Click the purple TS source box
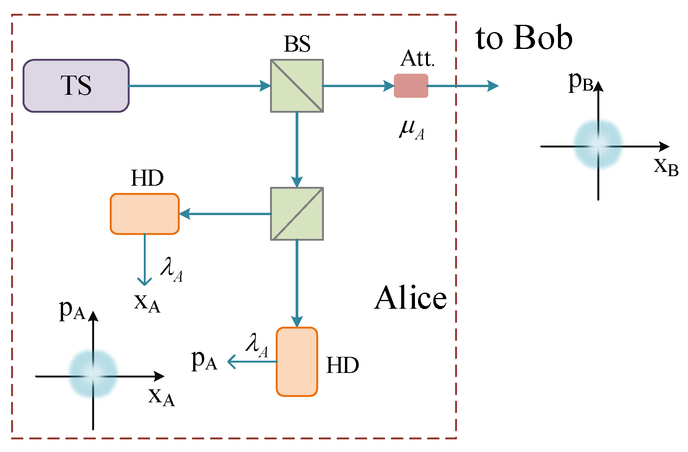click(76, 86)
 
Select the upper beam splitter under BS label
click(297, 86)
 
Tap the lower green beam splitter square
click(297, 214)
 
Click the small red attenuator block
click(411, 86)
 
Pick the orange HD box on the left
click(145, 214)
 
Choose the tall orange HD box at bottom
click(297, 361)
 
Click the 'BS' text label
click(297, 44)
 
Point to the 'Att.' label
click(418, 59)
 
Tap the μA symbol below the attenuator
click(411, 129)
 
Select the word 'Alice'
click(410, 298)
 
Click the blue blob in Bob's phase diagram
click(598, 144)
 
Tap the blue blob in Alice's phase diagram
click(93, 374)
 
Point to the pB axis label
click(580, 82)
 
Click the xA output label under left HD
click(147, 303)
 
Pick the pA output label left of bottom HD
click(204, 360)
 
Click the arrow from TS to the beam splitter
click(199, 86)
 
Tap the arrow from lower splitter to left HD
click(226, 214)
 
